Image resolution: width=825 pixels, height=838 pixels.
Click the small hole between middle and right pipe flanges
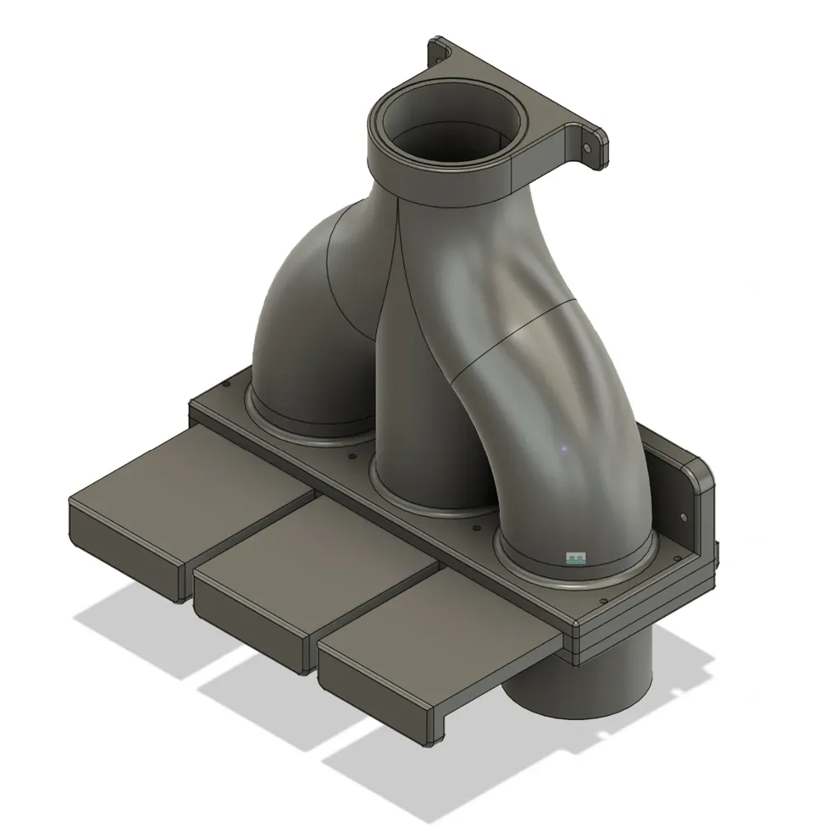click(x=475, y=527)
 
